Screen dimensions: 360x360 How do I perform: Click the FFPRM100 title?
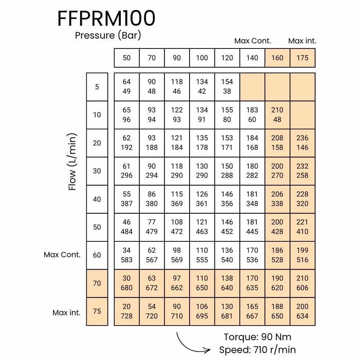(x=106, y=18)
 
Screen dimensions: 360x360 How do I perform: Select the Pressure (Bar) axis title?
(x=108, y=35)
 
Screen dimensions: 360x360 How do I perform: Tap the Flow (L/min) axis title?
(x=72, y=162)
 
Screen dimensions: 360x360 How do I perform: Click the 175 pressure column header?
(x=302, y=58)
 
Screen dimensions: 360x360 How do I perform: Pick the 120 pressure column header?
(x=227, y=58)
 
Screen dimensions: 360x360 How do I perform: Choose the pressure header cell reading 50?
(x=126, y=58)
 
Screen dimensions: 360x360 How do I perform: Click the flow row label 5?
(x=97, y=87)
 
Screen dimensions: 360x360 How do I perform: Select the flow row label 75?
(x=97, y=312)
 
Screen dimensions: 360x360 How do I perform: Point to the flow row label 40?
(x=97, y=199)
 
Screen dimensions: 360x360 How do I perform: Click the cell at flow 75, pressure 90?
(x=177, y=312)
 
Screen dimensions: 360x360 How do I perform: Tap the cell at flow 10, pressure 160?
(x=277, y=115)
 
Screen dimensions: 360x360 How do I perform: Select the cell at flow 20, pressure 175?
(x=302, y=143)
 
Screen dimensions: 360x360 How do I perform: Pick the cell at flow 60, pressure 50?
(x=126, y=255)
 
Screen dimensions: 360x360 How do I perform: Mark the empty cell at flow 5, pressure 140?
(x=252, y=87)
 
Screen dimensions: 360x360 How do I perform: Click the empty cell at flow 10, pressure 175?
(x=302, y=115)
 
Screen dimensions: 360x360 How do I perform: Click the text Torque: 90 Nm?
(x=258, y=337)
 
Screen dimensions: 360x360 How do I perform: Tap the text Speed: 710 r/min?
(x=258, y=350)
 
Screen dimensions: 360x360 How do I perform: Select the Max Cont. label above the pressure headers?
(x=253, y=41)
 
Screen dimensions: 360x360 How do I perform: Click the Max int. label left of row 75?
(x=66, y=313)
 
